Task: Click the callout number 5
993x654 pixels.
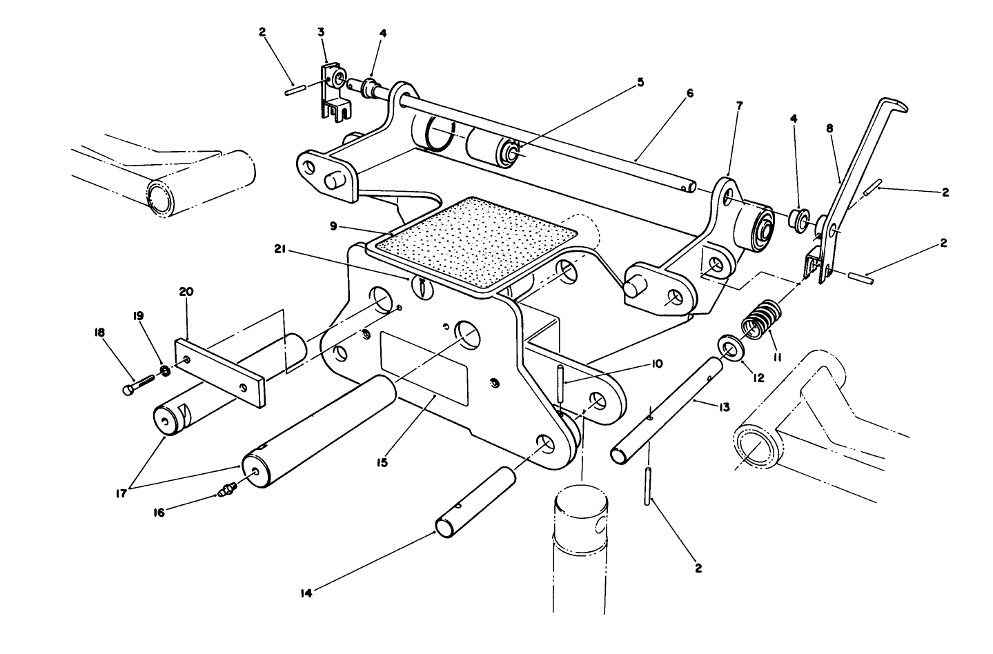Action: [x=640, y=82]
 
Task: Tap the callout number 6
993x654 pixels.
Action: [x=689, y=93]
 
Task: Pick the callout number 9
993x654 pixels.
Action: [x=333, y=225]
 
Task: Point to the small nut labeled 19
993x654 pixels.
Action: [x=166, y=370]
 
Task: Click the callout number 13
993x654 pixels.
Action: [x=724, y=408]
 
